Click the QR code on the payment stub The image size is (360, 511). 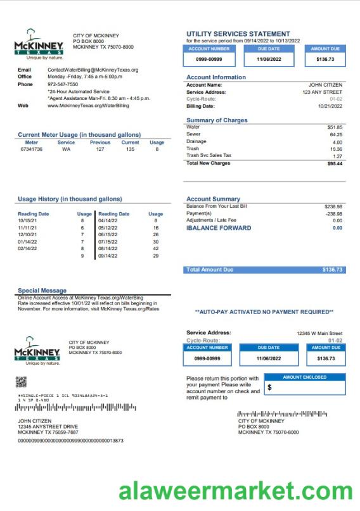(x=21, y=382)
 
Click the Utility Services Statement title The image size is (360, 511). (x=238, y=34)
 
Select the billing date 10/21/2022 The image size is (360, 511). (x=330, y=106)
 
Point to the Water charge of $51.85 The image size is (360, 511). (x=335, y=127)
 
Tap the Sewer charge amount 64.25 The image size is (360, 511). (x=335, y=134)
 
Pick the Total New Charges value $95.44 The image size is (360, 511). (x=334, y=163)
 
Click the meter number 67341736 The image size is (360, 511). (x=32, y=149)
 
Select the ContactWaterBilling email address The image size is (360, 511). (x=93, y=70)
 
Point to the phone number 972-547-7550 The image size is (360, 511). (x=63, y=84)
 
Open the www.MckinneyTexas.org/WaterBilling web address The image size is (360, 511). (x=88, y=106)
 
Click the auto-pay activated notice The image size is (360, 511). (x=264, y=312)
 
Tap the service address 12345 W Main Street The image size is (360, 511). (x=319, y=333)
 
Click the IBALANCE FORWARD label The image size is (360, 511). (x=219, y=228)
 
